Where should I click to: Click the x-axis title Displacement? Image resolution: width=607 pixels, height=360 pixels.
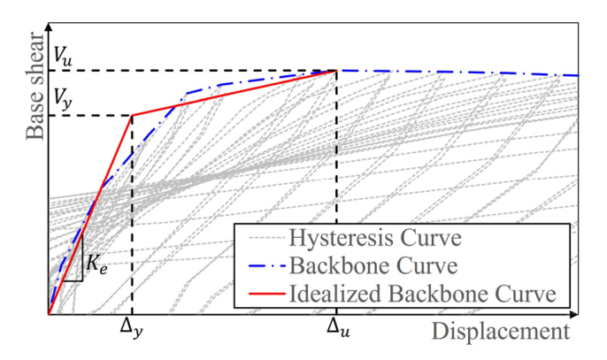point(500,333)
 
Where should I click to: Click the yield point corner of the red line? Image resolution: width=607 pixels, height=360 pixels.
point(132,115)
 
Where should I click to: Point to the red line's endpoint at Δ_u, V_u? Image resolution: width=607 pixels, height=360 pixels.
point(336,71)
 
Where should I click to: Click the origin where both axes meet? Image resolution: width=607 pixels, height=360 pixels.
point(49,314)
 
